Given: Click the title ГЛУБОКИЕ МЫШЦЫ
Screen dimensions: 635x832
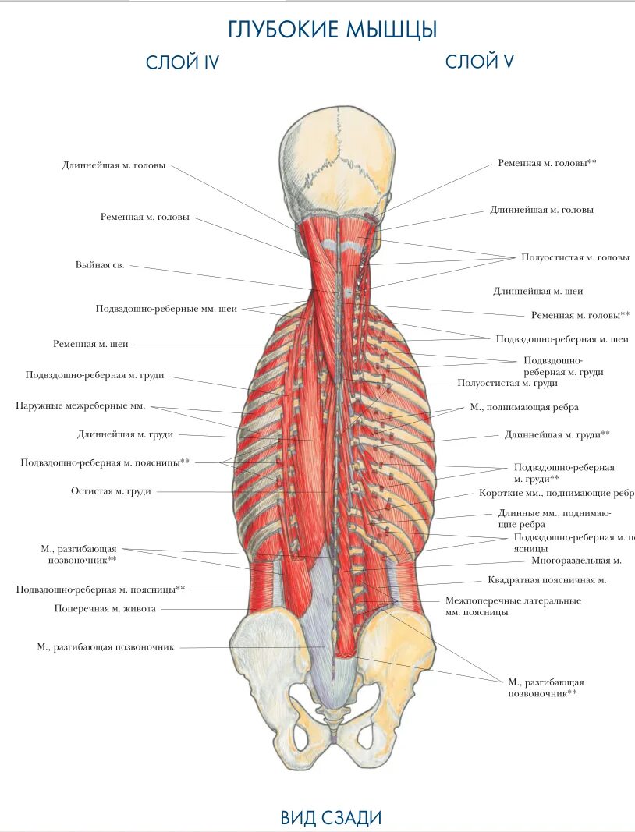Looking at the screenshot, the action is pyautogui.click(x=333, y=30).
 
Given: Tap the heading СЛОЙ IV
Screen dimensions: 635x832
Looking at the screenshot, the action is pyautogui.click(x=182, y=63).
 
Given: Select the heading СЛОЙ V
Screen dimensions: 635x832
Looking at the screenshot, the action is pyautogui.click(x=479, y=62).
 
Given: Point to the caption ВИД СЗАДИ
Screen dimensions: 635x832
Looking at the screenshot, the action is pyautogui.click(x=332, y=817).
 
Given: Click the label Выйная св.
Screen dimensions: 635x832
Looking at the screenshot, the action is pyautogui.click(x=100, y=265).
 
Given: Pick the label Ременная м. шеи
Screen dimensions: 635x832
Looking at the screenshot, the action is pyautogui.click(x=90, y=343).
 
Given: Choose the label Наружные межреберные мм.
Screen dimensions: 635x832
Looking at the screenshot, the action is pyautogui.click(x=80, y=405).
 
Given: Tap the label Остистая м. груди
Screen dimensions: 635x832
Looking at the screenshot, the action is pyautogui.click(x=111, y=491).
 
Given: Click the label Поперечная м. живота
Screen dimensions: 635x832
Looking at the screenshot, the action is pyautogui.click(x=105, y=608).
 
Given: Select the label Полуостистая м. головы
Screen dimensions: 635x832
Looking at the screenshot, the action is pyautogui.click(x=576, y=257).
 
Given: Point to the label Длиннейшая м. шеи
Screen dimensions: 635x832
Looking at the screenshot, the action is pyautogui.click(x=538, y=291).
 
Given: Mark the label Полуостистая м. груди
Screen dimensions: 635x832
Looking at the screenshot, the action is pyautogui.click(x=507, y=383).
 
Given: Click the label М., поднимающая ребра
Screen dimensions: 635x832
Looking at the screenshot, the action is pyautogui.click(x=524, y=407).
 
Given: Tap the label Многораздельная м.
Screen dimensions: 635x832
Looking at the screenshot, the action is pyautogui.click(x=576, y=560).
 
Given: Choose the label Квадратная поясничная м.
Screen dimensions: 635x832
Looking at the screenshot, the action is pyautogui.click(x=547, y=579).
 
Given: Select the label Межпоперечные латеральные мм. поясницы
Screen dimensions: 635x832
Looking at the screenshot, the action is pyautogui.click(x=513, y=606).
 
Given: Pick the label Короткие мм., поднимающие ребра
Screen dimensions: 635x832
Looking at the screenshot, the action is pyautogui.click(x=556, y=494).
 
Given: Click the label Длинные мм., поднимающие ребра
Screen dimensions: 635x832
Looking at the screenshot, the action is pyautogui.click(x=554, y=519).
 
